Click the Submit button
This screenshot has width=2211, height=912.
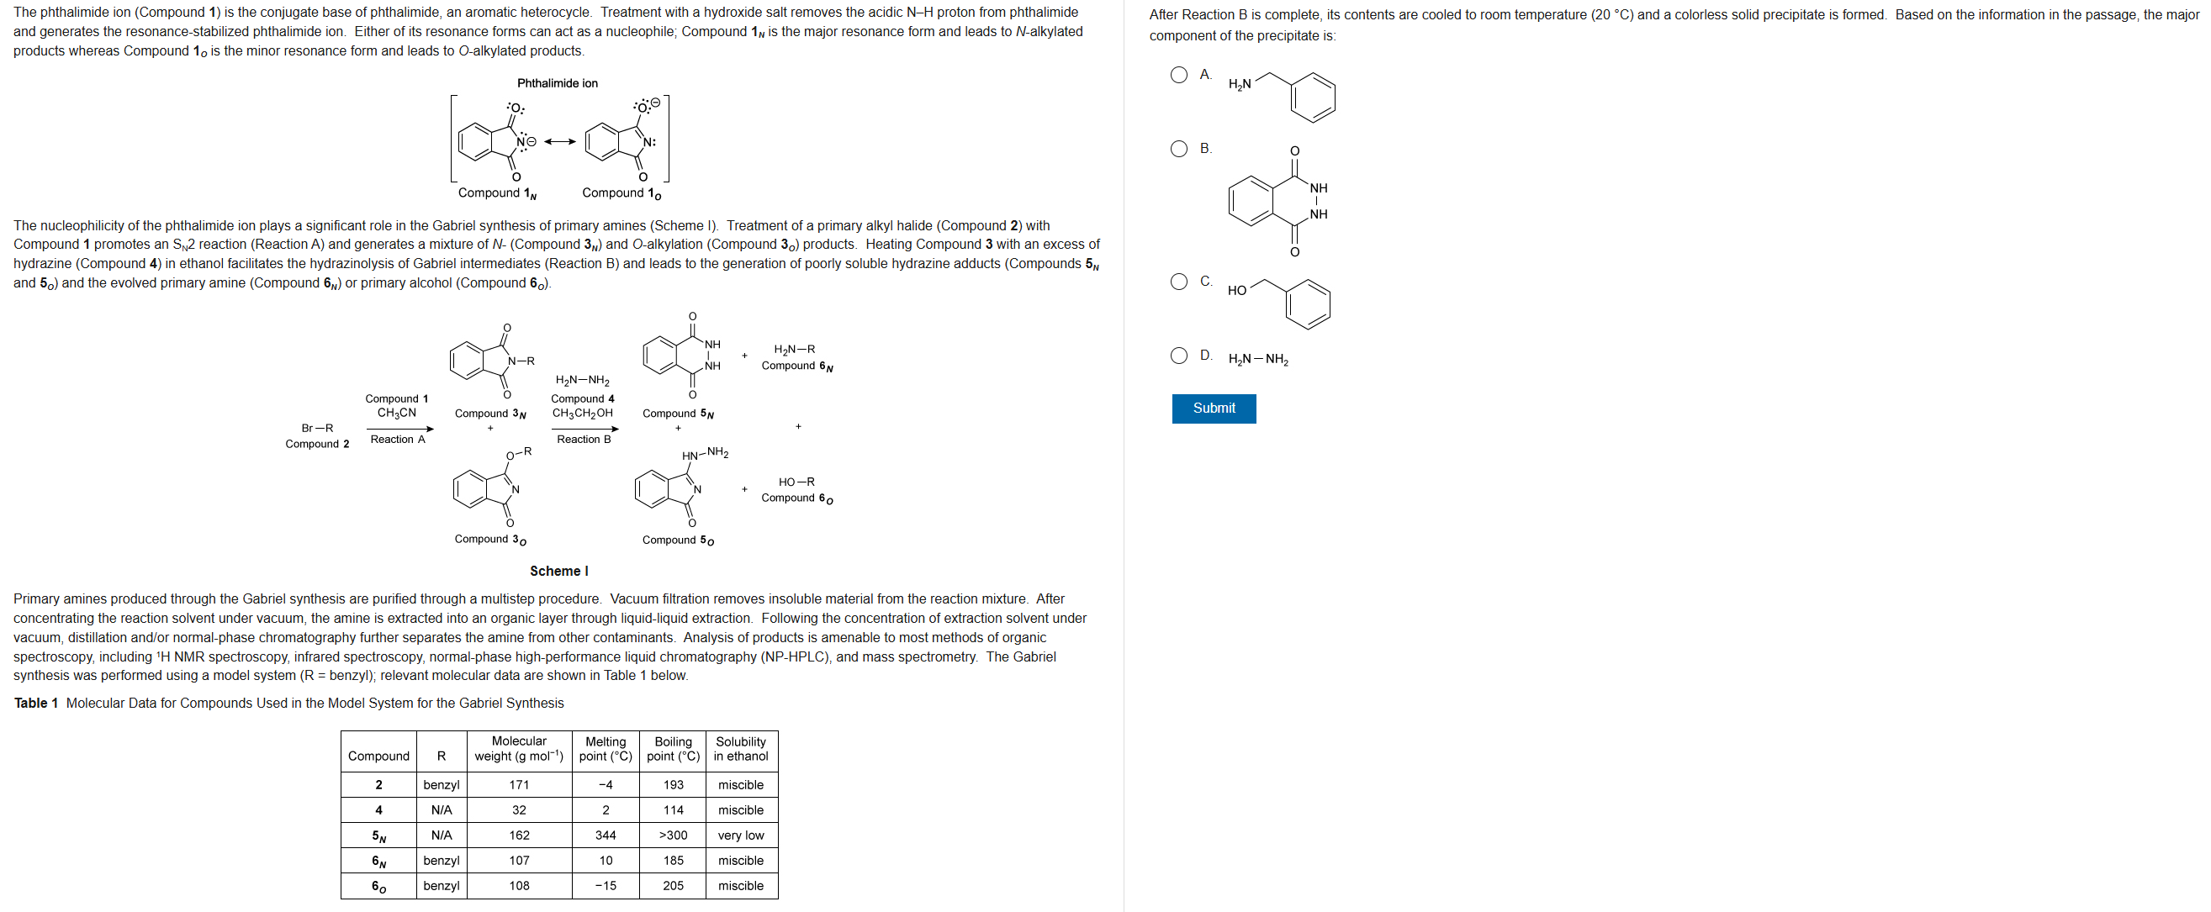click(1213, 409)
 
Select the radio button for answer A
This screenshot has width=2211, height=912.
click(1178, 75)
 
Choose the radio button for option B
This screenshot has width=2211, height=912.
click(1178, 149)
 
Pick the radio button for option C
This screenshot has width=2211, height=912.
click(1178, 282)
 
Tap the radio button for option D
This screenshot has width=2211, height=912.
click(1178, 356)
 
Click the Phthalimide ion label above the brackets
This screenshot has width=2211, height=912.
click(557, 83)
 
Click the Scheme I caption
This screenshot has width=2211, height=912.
click(558, 571)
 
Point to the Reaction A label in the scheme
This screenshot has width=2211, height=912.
click(398, 440)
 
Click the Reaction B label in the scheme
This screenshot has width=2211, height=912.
click(584, 440)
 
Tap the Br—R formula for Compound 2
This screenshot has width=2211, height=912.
click(318, 428)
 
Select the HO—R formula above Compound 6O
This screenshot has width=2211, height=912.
click(796, 482)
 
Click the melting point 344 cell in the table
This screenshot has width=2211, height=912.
click(606, 835)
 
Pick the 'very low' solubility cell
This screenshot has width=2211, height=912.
click(741, 835)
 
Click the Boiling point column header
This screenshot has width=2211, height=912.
click(673, 749)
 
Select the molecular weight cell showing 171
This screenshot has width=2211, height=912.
click(519, 784)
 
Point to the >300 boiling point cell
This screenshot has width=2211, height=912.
click(673, 835)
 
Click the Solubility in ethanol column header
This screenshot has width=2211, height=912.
click(741, 749)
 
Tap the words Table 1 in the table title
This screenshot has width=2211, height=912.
click(36, 703)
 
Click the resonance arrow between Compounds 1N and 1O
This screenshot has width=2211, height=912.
click(559, 141)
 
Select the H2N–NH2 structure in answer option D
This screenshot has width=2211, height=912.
click(1257, 360)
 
